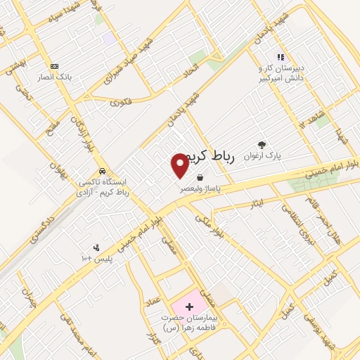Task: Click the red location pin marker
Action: click(180, 165)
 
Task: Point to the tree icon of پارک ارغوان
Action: click(262, 145)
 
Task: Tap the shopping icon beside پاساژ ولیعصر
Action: click(201, 178)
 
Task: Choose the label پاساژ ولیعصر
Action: click(202, 189)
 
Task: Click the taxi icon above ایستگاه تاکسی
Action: click(102, 170)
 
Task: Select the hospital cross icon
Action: click(189, 307)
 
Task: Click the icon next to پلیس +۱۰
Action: click(96, 247)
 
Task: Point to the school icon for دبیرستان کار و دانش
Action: click(280, 57)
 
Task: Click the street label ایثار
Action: click(257, 203)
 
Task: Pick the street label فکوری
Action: click(120, 102)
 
